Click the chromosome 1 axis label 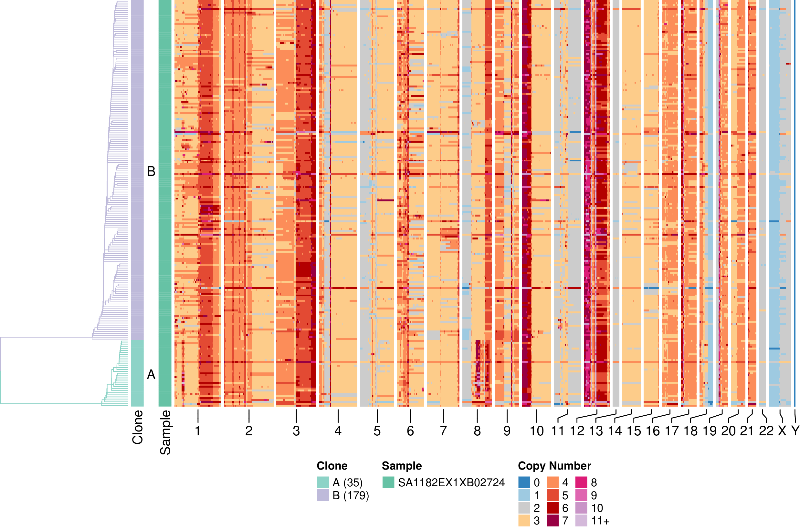(x=198, y=431)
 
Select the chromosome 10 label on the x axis (x=537, y=431)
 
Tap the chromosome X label (x=782, y=431)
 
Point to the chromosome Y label (x=795, y=431)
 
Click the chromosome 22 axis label (x=766, y=431)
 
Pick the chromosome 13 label (x=596, y=431)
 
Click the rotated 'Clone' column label (x=138, y=427)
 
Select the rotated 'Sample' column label (x=165, y=432)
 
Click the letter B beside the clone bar (x=151, y=171)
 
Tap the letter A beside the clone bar (x=151, y=374)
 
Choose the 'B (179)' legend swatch (x=323, y=495)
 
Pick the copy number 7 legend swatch (x=553, y=521)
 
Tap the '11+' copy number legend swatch (x=581, y=521)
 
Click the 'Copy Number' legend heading (x=554, y=466)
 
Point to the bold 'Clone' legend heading (x=332, y=466)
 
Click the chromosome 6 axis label (x=410, y=431)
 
